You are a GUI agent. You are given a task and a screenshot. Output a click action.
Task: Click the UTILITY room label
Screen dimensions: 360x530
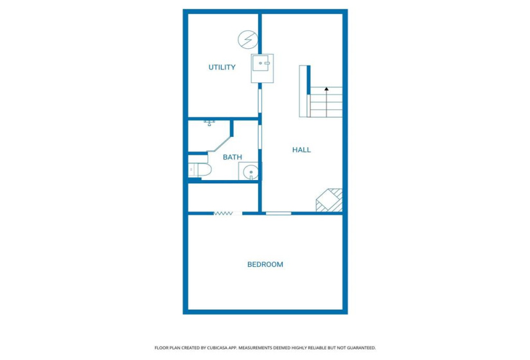(x=222, y=67)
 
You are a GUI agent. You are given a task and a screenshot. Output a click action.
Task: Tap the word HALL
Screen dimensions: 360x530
(x=301, y=150)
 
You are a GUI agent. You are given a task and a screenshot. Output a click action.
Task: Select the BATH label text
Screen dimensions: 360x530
(x=232, y=157)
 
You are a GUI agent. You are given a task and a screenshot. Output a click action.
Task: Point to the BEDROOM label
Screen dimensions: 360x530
(x=265, y=264)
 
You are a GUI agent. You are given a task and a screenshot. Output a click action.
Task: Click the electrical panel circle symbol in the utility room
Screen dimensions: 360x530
(x=246, y=40)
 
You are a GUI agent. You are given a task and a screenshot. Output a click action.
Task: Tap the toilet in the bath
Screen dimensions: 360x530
(x=200, y=170)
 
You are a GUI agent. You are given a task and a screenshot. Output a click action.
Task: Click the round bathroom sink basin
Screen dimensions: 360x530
(x=250, y=172)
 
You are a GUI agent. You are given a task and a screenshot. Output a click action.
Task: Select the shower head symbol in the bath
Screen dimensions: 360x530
(x=209, y=122)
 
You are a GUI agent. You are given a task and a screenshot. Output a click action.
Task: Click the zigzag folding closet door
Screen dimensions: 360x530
(x=223, y=213)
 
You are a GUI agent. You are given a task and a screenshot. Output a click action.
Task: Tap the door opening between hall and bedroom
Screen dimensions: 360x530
(x=278, y=213)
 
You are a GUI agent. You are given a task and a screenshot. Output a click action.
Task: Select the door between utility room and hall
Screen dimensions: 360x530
(x=260, y=100)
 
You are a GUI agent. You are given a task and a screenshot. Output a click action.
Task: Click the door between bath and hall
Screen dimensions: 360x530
(x=260, y=138)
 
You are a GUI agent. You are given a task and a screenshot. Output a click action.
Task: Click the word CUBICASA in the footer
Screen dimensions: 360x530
(x=219, y=348)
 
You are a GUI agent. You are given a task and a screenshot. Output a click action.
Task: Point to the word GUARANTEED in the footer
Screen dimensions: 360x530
(x=359, y=348)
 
